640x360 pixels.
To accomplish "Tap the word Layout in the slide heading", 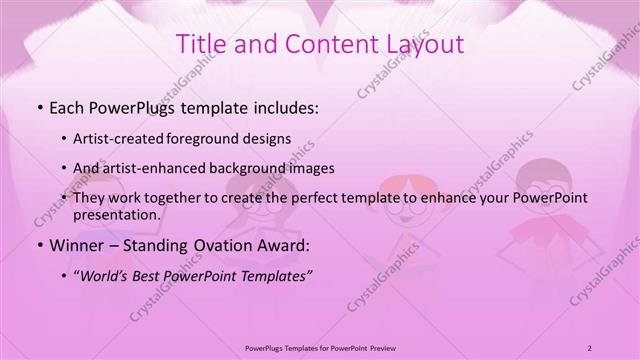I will coord(420,45).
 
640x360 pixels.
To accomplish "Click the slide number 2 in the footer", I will coord(590,347).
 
